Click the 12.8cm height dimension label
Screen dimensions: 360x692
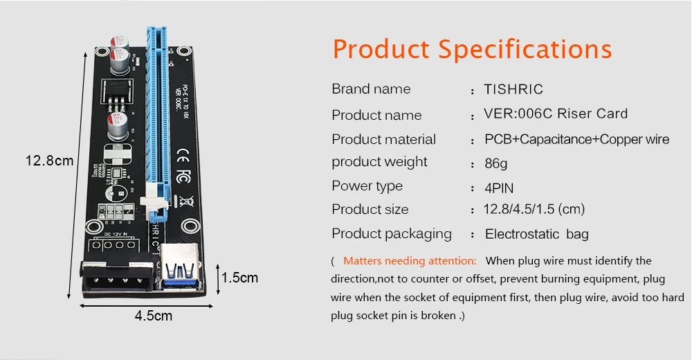click(x=49, y=161)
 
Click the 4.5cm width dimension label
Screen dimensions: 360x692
click(x=153, y=316)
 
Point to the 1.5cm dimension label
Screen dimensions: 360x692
click(x=239, y=278)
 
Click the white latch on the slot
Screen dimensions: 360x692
click(x=153, y=203)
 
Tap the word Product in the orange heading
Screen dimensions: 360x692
click(x=381, y=50)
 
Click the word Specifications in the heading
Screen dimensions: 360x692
click(x=525, y=50)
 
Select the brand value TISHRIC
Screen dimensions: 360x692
click(x=513, y=89)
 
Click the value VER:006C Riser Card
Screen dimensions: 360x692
click(x=556, y=114)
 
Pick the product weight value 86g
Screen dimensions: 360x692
click(x=496, y=164)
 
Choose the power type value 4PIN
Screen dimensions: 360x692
click(x=499, y=188)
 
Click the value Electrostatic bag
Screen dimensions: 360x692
click(x=536, y=234)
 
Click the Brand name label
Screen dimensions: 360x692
click(x=371, y=89)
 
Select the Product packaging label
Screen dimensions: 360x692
click(x=391, y=234)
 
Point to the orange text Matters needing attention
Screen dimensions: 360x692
click(x=410, y=261)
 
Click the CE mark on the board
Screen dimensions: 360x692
click(x=184, y=154)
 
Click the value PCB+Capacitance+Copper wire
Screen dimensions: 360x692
click(x=576, y=139)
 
